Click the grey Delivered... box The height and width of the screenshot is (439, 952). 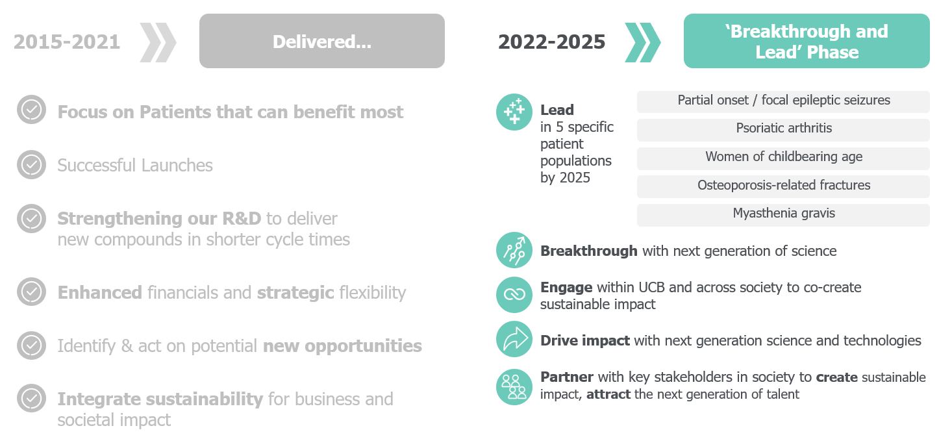(x=321, y=41)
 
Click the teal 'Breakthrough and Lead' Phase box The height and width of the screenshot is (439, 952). (x=807, y=41)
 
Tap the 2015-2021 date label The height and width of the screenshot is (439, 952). (x=67, y=42)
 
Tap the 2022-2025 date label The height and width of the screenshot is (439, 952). (x=551, y=42)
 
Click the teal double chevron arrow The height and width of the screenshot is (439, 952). (x=642, y=42)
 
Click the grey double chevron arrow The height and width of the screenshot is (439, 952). (x=158, y=42)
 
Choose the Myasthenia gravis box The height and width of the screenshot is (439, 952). (x=783, y=214)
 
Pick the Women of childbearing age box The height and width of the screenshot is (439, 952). (x=783, y=158)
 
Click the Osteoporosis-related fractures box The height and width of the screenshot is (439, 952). (x=783, y=186)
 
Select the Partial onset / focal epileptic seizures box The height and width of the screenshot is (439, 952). (x=783, y=101)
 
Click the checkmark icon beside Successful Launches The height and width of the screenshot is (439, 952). (x=31, y=164)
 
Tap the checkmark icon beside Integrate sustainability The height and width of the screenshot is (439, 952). (x=31, y=398)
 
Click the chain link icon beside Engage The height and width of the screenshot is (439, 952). (x=514, y=295)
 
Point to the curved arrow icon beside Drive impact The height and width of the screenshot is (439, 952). (x=514, y=339)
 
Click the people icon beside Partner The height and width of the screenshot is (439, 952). (x=514, y=387)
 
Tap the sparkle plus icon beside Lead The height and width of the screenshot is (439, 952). (x=514, y=112)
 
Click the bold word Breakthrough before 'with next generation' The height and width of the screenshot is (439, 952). (x=588, y=251)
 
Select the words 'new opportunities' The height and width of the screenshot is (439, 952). (x=342, y=346)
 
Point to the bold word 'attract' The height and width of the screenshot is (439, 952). (x=608, y=394)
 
